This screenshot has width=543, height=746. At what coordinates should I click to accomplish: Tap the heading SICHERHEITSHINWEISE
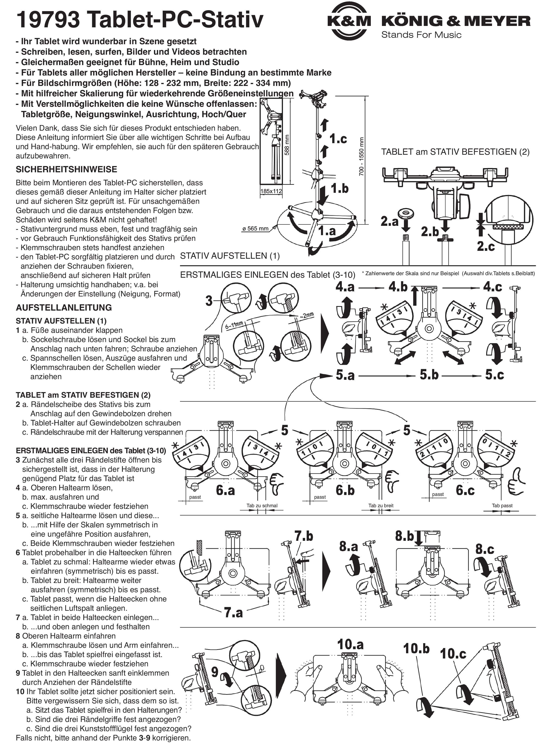(x=67, y=169)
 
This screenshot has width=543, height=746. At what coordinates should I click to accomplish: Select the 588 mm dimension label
(x=287, y=145)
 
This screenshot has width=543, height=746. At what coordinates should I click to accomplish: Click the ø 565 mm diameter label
(x=255, y=228)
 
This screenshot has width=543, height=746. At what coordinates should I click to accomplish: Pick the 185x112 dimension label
(x=271, y=191)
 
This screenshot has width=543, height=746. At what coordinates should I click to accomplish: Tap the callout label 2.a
(x=390, y=221)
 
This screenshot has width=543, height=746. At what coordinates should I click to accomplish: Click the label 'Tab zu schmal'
(x=262, y=506)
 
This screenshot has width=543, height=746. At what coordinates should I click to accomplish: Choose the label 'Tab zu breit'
(x=381, y=506)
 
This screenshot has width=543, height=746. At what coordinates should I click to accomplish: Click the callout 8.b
(x=404, y=536)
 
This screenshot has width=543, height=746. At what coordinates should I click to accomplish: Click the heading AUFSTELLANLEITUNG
(x=64, y=308)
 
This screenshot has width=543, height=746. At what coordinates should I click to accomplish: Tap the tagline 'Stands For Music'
(x=421, y=35)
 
